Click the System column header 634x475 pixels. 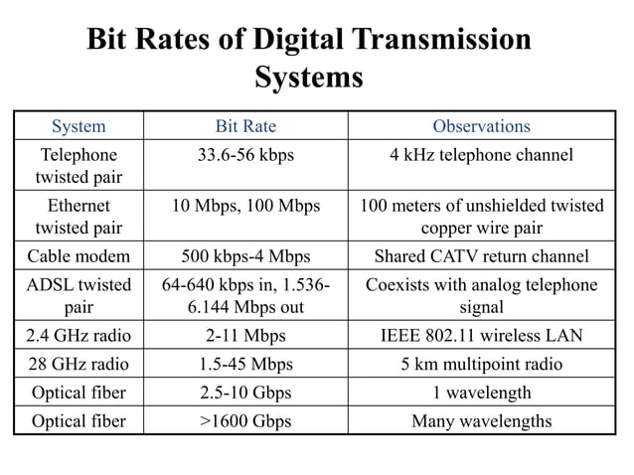click(x=79, y=126)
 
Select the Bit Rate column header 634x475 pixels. click(x=245, y=126)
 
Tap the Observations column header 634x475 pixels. click(x=481, y=126)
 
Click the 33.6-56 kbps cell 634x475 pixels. click(x=245, y=155)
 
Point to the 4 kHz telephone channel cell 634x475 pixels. click(x=481, y=155)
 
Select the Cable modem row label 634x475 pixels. click(x=79, y=256)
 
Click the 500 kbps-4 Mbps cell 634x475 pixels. click(x=245, y=256)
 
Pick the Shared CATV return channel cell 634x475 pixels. click(x=481, y=256)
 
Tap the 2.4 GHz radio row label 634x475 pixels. click(x=79, y=336)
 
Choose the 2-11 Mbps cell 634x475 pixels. click(x=245, y=336)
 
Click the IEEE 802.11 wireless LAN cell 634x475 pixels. click(x=481, y=336)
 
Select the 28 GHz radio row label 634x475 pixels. click(x=79, y=364)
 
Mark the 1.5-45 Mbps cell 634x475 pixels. click(x=245, y=364)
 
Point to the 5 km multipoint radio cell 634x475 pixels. click(x=481, y=364)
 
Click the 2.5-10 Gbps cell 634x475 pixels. click(x=245, y=393)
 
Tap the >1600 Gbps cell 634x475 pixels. click(x=245, y=421)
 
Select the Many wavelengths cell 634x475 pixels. click(x=481, y=421)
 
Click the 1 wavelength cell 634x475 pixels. click(x=481, y=393)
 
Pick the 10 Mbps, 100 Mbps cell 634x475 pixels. click(x=245, y=206)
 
